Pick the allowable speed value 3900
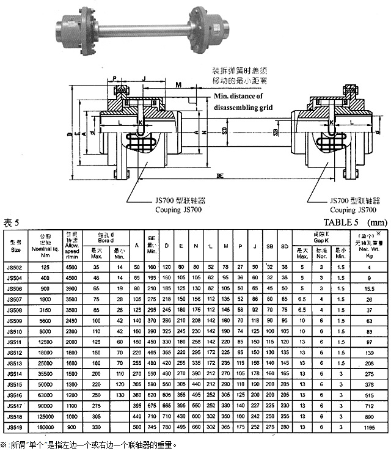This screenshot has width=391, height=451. (71, 288)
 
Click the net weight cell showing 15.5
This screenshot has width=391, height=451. (369, 288)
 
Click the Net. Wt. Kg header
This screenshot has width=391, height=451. (368, 244)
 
